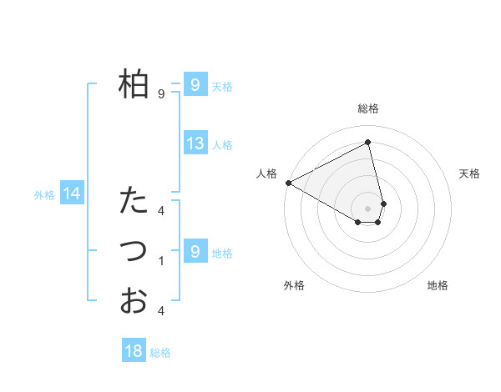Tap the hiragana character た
(x=134, y=200)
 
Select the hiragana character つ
(x=134, y=251)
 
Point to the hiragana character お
(x=134, y=300)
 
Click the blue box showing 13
(x=195, y=143)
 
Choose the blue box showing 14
(x=72, y=194)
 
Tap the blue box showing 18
(x=134, y=351)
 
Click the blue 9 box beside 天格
(x=195, y=84)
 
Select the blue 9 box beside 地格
(x=195, y=251)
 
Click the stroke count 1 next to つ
(x=161, y=261)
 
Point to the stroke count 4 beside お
(x=161, y=311)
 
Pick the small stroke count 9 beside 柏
(x=161, y=94)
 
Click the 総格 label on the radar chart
(x=368, y=108)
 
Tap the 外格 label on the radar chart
(x=294, y=285)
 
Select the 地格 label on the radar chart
(x=438, y=285)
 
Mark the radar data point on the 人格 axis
(x=288, y=183)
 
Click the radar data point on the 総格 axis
(x=368, y=143)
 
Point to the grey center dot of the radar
(x=368, y=207)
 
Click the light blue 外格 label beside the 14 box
(x=44, y=195)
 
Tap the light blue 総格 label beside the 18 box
(x=160, y=353)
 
